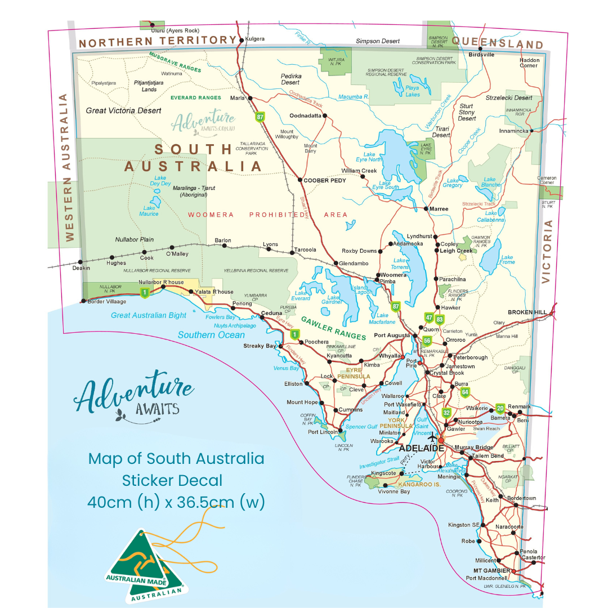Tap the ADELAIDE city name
coord(421,449)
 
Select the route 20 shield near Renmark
coord(500,409)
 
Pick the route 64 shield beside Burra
coord(465,392)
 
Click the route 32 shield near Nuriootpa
coord(446,413)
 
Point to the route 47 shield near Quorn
coord(429,318)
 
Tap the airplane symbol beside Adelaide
coord(432,438)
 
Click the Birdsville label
coord(481,55)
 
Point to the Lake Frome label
coord(507,260)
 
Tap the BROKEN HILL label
coord(527,312)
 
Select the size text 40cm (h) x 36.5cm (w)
coord(176,502)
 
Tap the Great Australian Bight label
coord(149,315)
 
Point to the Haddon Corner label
coord(529,62)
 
